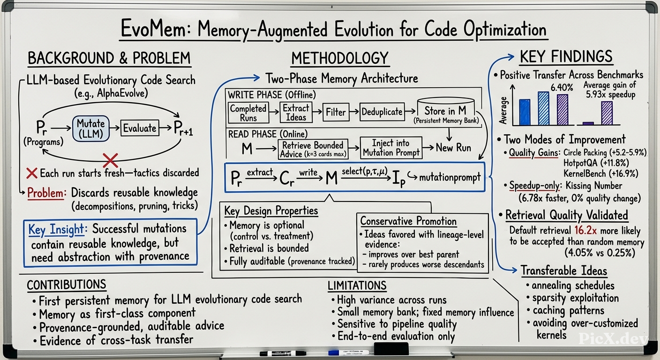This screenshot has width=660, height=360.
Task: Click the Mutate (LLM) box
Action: pyautogui.click(x=91, y=128)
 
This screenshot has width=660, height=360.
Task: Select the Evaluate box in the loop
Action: pyautogui.click(x=140, y=128)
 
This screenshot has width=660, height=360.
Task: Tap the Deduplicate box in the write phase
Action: pyautogui.click(x=382, y=112)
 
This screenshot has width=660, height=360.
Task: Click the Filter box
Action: pyautogui.click(x=336, y=112)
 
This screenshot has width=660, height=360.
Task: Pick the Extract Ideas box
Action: pyautogui.click(x=296, y=112)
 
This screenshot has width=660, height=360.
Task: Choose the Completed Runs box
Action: pyautogui.click(x=248, y=113)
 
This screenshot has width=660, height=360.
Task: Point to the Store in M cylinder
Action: pyautogui.click(x=446, y=112)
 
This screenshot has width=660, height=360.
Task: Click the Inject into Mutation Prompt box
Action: pyautogui.click(x=391, y=148)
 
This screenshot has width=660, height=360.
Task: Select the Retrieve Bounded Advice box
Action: pyautogui.click(x=313, y=150)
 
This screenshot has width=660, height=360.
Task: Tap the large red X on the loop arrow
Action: pyautogui.click(x=111, y=160)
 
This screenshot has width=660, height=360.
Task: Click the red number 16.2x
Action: pyautogui.click(x=585, y=230)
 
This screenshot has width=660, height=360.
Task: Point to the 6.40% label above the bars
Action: pyautogui.click(x=562, y=88)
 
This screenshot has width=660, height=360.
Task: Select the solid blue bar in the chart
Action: pyautogui.click(x=525, y=112)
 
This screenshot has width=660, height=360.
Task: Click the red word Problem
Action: pyautogui.click(x=45, y=193)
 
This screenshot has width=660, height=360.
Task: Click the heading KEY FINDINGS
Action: pyautogui.click(x=566, y=57)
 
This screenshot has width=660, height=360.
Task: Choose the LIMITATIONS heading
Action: pyautogui.click(x=357, y=285)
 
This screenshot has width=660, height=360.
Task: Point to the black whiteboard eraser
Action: pyautogui.click(x=391, y=349)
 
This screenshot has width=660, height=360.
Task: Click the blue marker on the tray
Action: pyautogui.click(x=348, y=352)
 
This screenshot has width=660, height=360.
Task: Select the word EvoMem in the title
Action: pyautogui.click(x=153, y=30)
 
